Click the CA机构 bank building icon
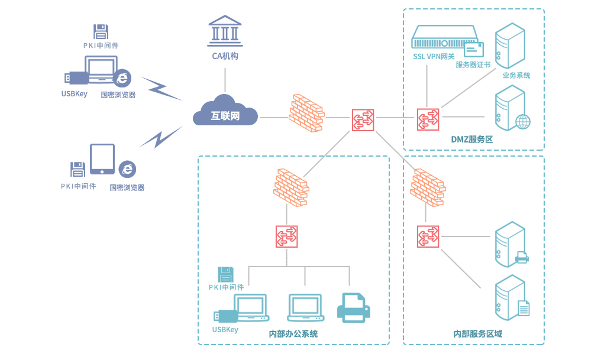click(225, 31)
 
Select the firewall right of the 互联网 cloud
click(306, 113)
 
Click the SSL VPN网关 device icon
click(444, 37)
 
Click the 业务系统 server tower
click(510, 46)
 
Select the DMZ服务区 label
click(471, 140)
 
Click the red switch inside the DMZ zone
click(427, 119)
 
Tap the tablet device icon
click(102, 159)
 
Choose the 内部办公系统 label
click(293, 334)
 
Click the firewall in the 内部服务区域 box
click(427, 187)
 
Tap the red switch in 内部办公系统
click(287, 236)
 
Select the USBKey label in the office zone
click(225, 329)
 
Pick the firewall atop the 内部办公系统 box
click(290, 188)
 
